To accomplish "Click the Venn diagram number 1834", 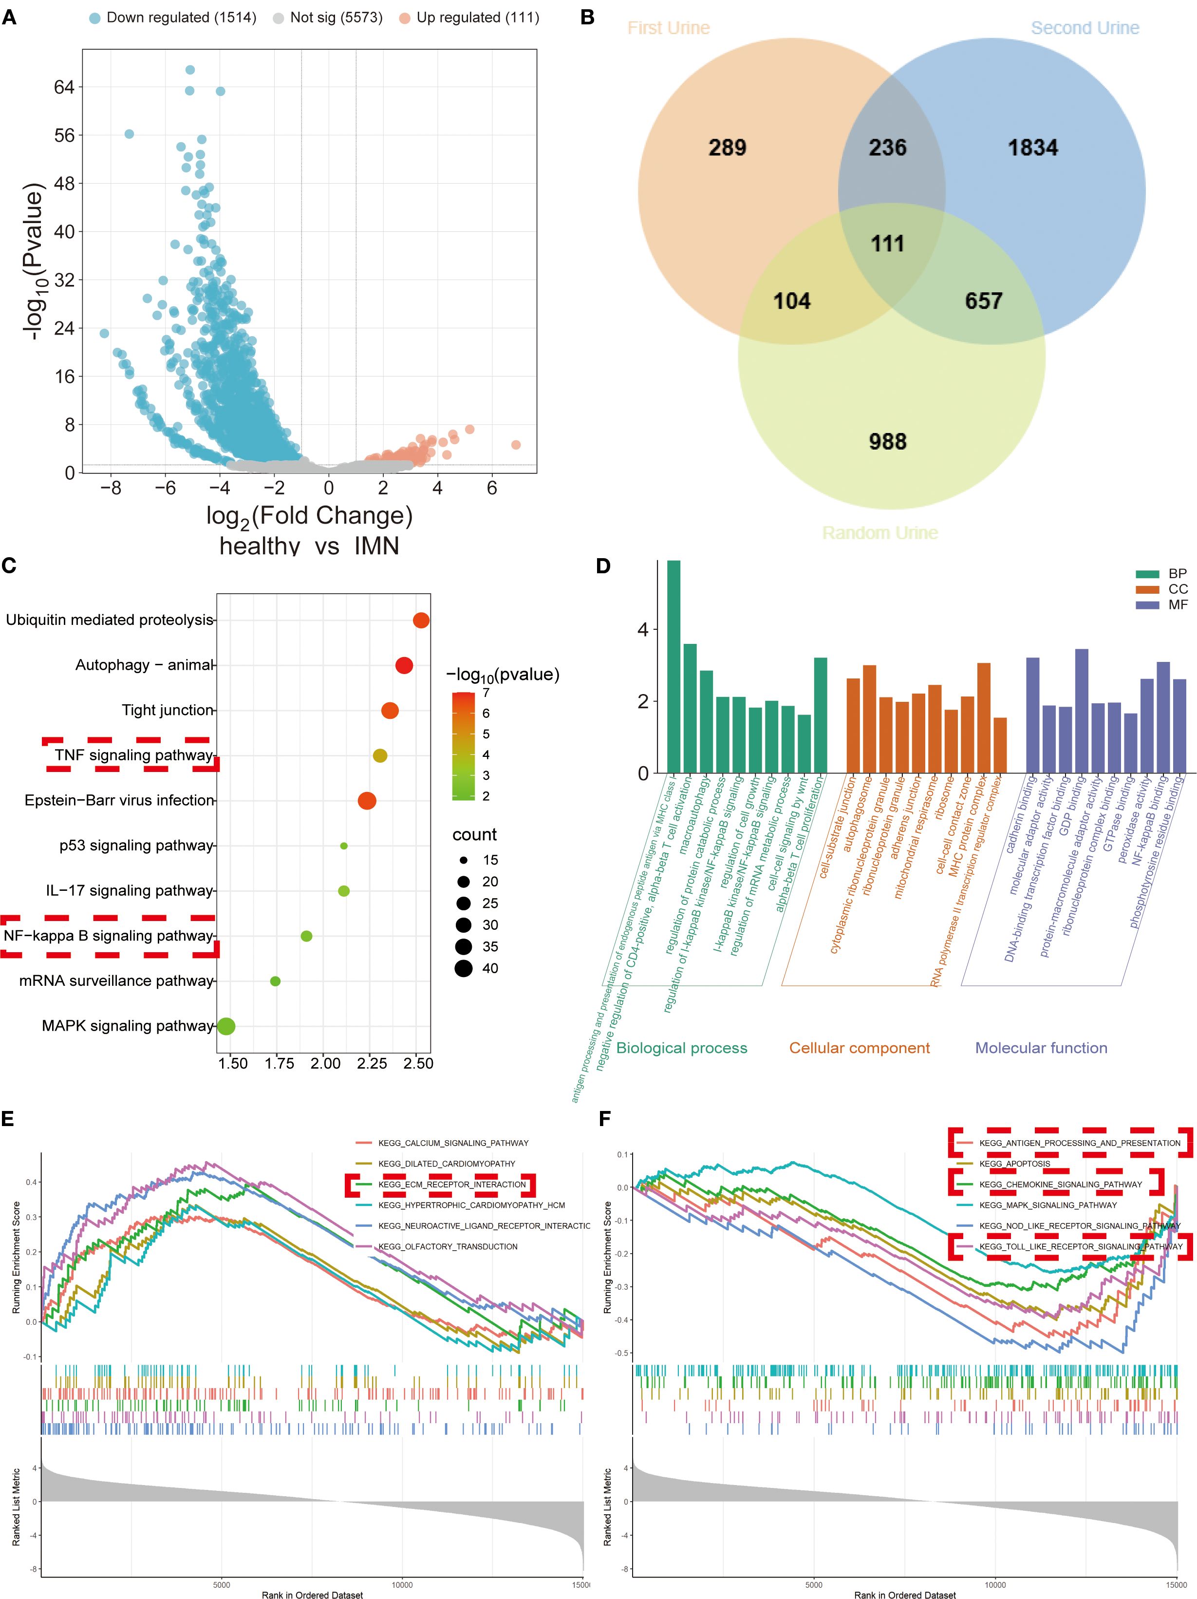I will pyautogui.click(x=1032, y=148).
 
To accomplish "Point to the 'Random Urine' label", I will pyautogui.click(x=879, y=533).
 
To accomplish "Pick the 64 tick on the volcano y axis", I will pyautogui.click(x=64, y=88).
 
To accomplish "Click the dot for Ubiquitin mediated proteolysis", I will pyautogui.click(x=421, y=620).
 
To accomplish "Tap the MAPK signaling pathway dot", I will pyautogui.click(x=226, y=1027).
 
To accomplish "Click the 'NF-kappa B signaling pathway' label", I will pyautogui.click(x=109, y=936).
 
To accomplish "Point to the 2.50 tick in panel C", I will pyautogui.click(x=418, y=1063).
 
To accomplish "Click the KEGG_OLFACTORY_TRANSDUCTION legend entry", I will pyautogui.click(x=448, y=1247).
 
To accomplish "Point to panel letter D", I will pyautogui.click(x=603, y=566).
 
